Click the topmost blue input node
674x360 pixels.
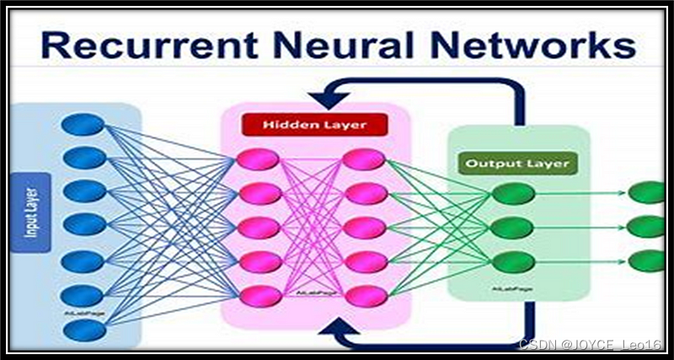point(83,125)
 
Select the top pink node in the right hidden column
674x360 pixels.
point(364,159)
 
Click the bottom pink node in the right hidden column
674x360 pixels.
point(364,295)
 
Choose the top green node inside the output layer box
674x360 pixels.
point(513,194)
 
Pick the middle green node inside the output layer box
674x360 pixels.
point(513,228)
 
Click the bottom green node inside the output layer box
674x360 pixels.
point(513,261)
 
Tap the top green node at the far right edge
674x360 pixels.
point(647,192)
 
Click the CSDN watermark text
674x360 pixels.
point(589,345)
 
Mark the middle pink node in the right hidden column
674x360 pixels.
point(364,228)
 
